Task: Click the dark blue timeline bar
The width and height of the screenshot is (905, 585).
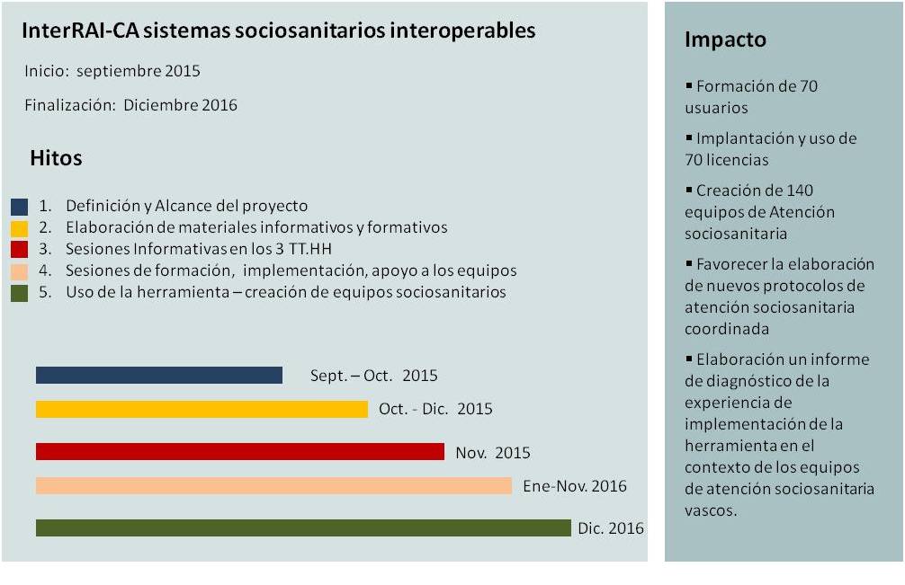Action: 159,375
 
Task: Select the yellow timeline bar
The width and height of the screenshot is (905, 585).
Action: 202,409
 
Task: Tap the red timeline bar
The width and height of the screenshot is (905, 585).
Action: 240,451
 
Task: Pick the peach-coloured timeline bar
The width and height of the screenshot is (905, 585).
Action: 273,485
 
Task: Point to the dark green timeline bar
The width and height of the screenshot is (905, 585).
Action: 303,527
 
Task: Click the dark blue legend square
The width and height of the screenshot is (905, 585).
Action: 20,207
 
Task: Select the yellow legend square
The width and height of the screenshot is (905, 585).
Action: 20,228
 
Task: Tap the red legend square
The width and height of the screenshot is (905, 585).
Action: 20,250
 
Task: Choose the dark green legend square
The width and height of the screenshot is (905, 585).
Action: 20,292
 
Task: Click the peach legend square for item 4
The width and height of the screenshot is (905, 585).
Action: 20,270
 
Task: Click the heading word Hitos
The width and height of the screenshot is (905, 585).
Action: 56,158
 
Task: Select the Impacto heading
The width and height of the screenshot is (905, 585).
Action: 725,40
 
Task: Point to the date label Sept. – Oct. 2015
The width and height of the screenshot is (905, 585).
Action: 373,376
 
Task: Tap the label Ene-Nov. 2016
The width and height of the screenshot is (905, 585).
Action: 575,486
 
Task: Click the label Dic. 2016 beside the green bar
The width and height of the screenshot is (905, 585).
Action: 611,528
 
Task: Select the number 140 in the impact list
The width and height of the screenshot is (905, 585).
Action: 800,191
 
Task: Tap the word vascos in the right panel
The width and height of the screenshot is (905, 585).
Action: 711,510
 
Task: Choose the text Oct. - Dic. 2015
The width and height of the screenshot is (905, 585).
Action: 435,409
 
